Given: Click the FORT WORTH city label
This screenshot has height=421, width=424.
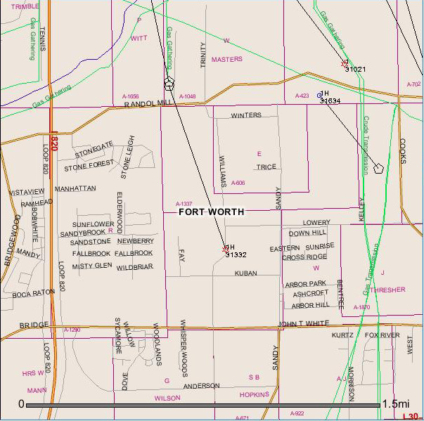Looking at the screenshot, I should pyautogui.click(x=211, y=212).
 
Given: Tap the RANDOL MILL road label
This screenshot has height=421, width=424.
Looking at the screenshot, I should pyautogui.click(x=148, y=103).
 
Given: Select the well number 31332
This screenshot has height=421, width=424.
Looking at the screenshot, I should pyautogui.click(x=236, y=255).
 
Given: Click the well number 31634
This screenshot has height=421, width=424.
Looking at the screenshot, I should pyautogui.click(x=330, y=101).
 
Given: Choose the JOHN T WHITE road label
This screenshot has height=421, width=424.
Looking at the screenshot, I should pyautogui.click(x=304, y=323).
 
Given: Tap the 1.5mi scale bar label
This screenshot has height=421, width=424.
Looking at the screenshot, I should pyautogui.click(x=395, y=404).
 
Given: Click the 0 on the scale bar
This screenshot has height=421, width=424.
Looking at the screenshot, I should pyautogui.click(x=21, y=404).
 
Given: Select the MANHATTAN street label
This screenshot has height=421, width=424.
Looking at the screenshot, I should pyautogui.click(x=75, y=189).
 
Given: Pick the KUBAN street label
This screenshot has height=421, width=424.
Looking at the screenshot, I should pyautogui.click(x=245, y=273).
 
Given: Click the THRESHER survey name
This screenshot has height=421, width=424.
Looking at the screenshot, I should pyautogui.click(x=387, y=290).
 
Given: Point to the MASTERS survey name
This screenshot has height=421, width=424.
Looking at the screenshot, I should pyautogui.click(x=226, y=60).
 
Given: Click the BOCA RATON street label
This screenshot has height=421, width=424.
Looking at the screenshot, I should pyautogui.click(x=33, y=293).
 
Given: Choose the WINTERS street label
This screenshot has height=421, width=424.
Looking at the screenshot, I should pyautogui.click(x=246, y=115).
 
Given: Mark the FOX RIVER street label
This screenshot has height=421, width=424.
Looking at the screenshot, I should pyautogui.click(x=382, y=335).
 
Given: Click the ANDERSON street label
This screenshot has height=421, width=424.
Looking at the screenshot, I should pyautogui.click(x=202, y=386).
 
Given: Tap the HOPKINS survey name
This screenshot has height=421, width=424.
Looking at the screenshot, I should pyautogui.click(x=255, y=395).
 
